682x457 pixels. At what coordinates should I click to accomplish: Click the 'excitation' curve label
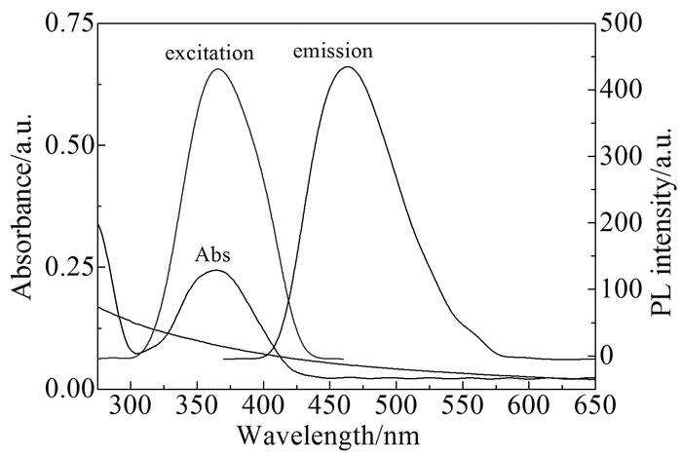coord(209,54)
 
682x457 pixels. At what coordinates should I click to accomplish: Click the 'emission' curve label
coord(333,49)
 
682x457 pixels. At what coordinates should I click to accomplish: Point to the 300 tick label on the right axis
coord(625,157)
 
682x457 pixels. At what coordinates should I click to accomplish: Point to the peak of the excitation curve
coord(216,69)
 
